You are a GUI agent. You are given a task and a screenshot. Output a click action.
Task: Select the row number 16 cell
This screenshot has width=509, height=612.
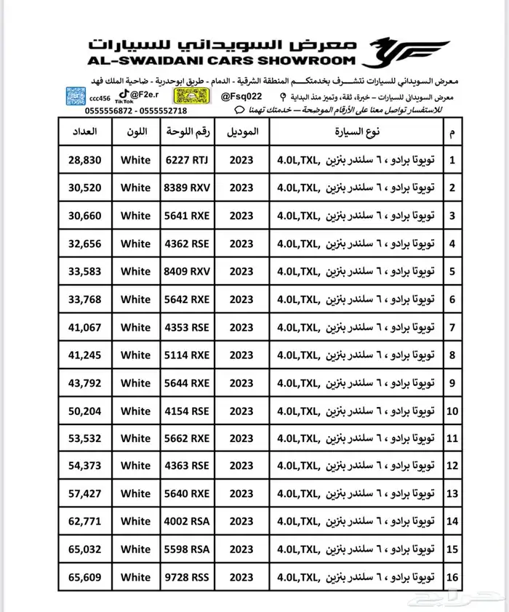[453, 577]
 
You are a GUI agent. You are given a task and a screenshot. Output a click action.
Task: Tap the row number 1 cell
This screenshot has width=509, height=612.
[453, 160]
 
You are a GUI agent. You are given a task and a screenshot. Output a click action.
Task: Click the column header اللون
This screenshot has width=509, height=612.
[136, 132]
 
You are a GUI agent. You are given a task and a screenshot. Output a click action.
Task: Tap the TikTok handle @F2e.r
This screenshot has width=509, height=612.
[145, 94]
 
